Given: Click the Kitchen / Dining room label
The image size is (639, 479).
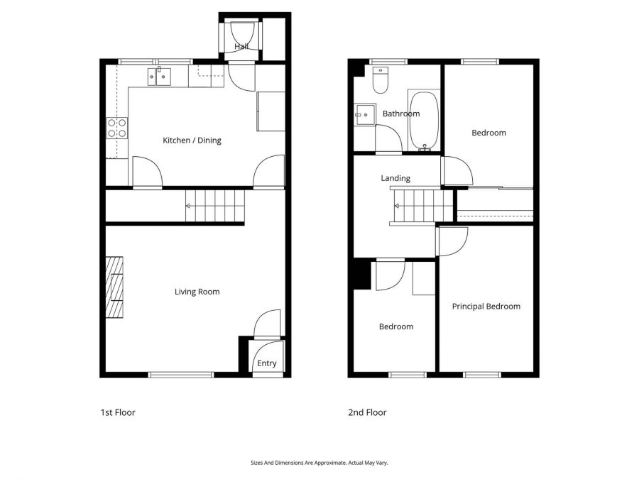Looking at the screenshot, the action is (192, 141).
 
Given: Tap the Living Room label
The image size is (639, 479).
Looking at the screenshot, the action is (197, 292).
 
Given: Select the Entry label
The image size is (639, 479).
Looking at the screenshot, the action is (267, 363).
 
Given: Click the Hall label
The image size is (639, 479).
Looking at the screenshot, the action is (241, 46).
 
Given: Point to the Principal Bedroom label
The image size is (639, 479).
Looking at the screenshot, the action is (486, 307).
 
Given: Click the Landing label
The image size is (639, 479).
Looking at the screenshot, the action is (395, 178).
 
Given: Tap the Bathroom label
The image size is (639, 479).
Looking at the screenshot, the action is (401, 114).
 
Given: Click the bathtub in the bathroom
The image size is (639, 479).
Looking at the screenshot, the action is (425, 121).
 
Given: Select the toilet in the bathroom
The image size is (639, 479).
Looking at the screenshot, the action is (381, 79).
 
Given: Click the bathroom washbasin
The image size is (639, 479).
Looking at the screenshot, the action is (364, 114).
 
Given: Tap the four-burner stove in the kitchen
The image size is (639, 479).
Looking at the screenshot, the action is (117, 128).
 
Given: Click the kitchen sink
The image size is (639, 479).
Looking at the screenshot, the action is (159, 77).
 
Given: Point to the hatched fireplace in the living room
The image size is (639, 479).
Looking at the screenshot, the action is (114, 287).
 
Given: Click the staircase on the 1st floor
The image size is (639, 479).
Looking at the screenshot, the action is (214, 206).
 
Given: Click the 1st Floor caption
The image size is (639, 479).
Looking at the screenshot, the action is (118, 412).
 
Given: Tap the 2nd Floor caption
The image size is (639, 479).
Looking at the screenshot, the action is (367, 412).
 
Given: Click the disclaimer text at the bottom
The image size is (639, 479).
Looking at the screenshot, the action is (319, 463).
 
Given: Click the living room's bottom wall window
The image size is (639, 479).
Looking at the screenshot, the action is (181, 375).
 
